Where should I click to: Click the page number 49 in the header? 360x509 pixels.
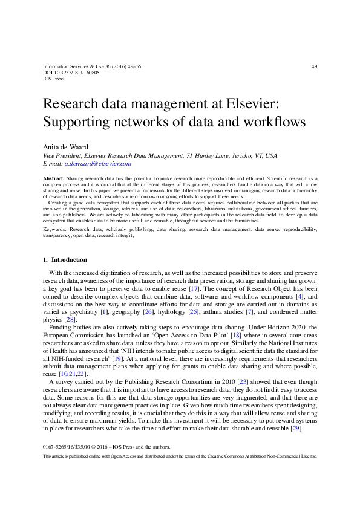[313, 66]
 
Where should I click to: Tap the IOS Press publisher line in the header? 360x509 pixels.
[53, 79]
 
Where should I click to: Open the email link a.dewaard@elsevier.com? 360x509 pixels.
[97, 163]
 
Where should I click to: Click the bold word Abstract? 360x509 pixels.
[53, 180]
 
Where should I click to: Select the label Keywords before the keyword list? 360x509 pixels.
[56, 230]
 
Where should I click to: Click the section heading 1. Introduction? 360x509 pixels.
[65, 260]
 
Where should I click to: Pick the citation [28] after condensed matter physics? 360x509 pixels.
[70, 320]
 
